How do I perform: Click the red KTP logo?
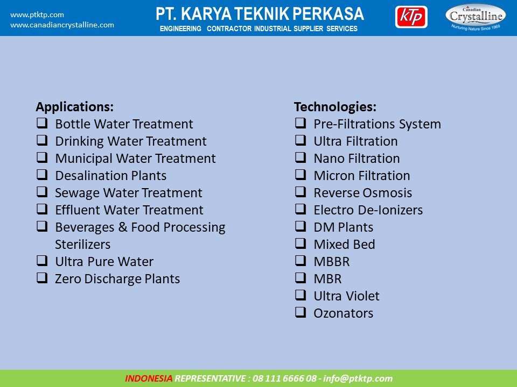pyautogui.click(x=411, y=17)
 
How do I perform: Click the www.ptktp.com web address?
pyautogui.click(x=37, y=15)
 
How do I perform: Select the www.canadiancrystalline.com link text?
pyautogui.click(x=62, y=25)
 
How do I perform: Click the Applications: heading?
pyautogui.click(x=75, y=107)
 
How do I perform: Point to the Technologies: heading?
pyautogui.click(x=335, y=107)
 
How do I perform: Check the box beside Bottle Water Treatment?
pyautogui.click(x=42, y=123)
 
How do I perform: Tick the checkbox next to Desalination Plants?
pyautogui.click(x=42, y=174)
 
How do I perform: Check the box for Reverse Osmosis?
pyautogui.click(x=301, y=191)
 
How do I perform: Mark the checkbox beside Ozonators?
pyautogui.click(x=301, y=312)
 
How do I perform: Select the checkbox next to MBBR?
pyautogui.click(x=301, y=260)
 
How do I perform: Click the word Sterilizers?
pyautogui.click(x=83, y=245)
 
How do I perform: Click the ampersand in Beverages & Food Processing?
pyautogui.click(x=123, y=227)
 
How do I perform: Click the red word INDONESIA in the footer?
pyautogui.click(x=149, y=378)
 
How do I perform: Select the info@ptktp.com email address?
pyautogui.click(x=358, y=378)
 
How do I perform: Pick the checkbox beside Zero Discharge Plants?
pyautogui.click(x=42, y=278)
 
